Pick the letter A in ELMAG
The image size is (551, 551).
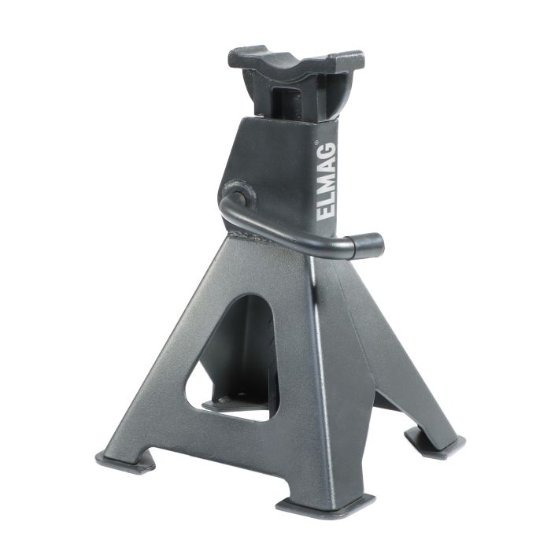[x=327, y=169]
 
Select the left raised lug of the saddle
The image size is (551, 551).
[x=244, y=57]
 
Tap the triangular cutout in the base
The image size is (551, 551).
[x=236, y=354]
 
